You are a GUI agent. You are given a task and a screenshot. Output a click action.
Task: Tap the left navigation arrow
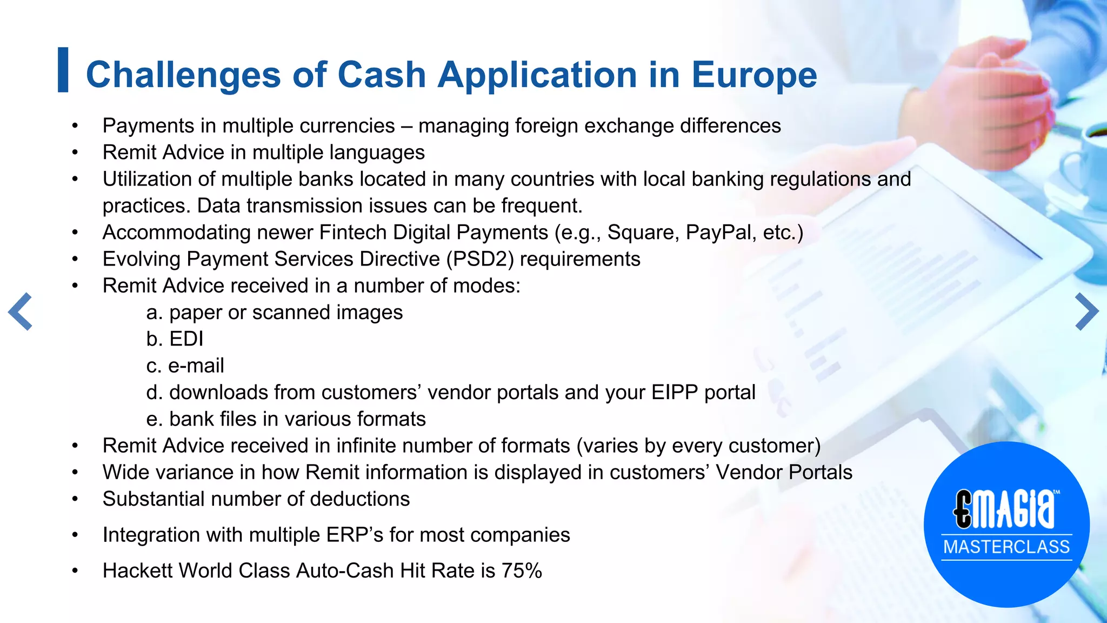(x=21, y=311)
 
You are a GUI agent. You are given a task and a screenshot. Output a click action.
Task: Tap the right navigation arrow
(x=1086, y=311)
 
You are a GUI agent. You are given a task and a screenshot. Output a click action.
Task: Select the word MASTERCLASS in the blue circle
(x=1006, y=547)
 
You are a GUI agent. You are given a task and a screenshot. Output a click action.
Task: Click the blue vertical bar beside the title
(x=63, y=70)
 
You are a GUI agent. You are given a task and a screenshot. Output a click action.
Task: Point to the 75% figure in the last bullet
(x=522, y=571)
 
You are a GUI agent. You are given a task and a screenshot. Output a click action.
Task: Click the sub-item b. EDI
(x=175, y=339)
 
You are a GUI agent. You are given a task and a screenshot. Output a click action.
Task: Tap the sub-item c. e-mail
(x=185, y=366)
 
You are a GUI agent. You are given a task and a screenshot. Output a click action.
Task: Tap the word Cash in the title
(x=382, y=75)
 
